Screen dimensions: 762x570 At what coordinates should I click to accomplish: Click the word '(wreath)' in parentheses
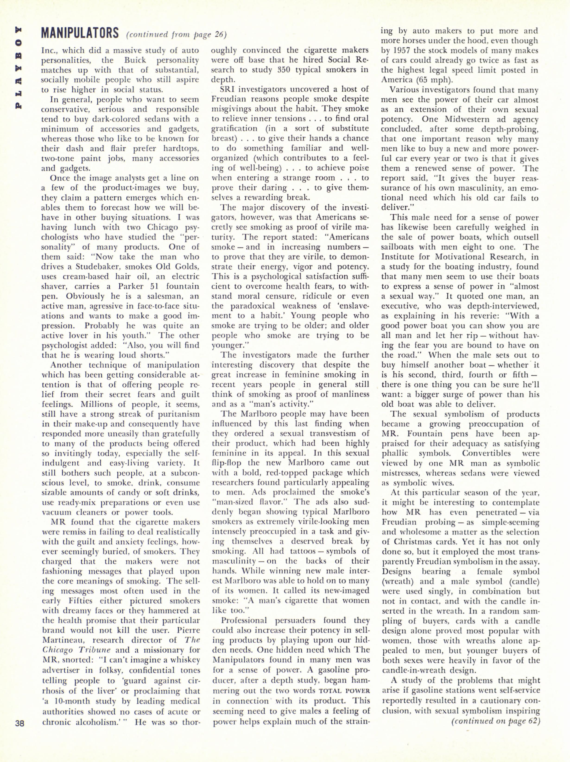[x=396, y=581]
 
